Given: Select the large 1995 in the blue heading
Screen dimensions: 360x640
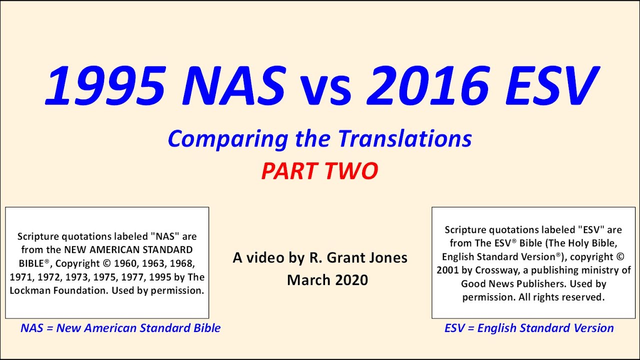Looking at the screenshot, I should (106, 85).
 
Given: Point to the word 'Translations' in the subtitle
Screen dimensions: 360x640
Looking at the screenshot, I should (405, 138).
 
